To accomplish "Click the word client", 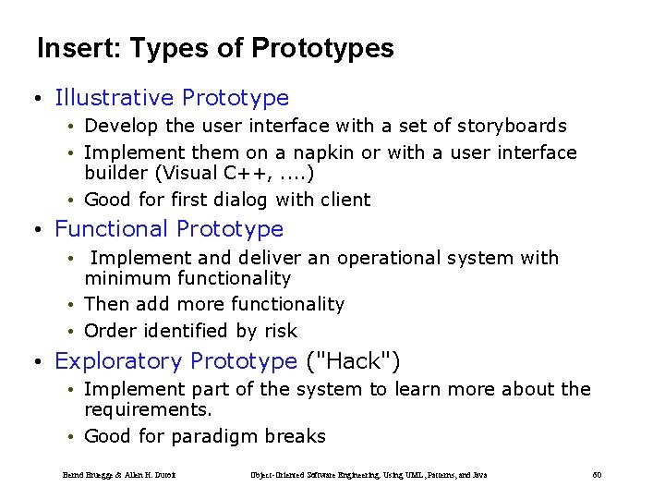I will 345,200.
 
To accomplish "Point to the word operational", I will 389,258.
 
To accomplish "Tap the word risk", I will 280,331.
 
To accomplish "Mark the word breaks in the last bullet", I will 296,436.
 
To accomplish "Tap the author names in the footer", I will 119,475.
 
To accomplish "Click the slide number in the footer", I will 597,475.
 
